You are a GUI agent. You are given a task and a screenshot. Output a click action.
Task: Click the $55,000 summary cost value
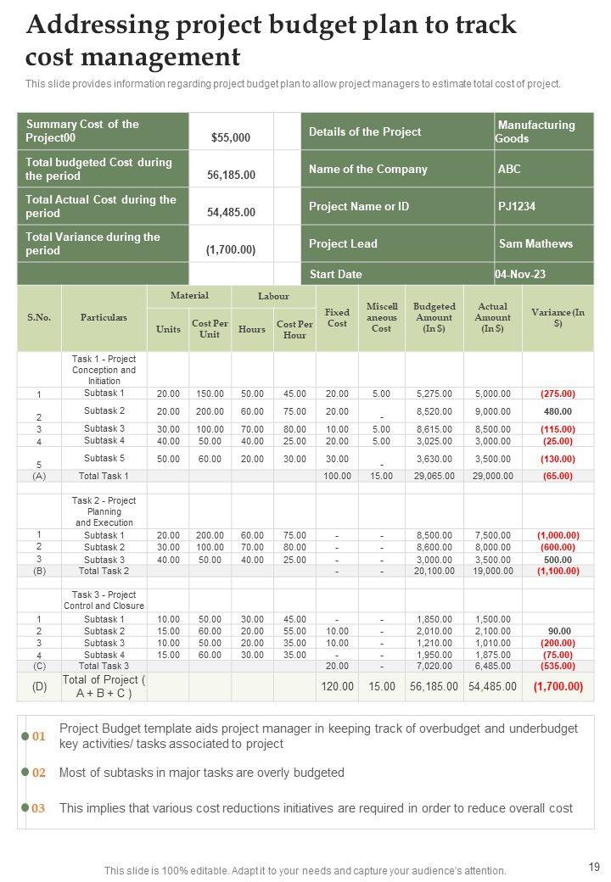coord(230,137)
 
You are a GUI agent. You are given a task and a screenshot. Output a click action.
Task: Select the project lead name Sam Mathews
coord(535,243)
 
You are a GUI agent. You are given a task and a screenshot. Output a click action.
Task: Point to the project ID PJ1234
coord(517,206)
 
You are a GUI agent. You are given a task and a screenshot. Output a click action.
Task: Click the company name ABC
coord(509,169)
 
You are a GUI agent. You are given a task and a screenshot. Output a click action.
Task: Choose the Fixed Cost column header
coord(337,318)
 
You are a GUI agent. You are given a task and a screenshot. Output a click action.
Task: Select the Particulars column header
coord(104,317)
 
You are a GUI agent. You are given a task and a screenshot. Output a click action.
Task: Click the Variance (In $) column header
coord(558,317)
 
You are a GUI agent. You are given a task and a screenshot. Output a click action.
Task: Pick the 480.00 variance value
coord(558,411)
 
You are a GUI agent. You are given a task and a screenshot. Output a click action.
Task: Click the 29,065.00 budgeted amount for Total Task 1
coord(434,477)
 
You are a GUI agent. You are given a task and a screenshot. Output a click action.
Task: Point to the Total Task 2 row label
coord(104,572)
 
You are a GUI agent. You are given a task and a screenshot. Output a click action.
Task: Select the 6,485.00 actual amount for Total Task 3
coord(492,667)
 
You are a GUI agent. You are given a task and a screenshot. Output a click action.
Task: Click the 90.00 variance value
coord(558,631)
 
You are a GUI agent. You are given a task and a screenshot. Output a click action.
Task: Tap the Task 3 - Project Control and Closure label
coord(104,600)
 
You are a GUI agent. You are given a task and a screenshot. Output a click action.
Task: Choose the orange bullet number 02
coord(39,773)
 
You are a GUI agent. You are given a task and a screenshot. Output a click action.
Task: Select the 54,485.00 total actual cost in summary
coord(231,212)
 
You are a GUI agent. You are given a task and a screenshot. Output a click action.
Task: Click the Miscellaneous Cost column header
coord(381,317)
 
